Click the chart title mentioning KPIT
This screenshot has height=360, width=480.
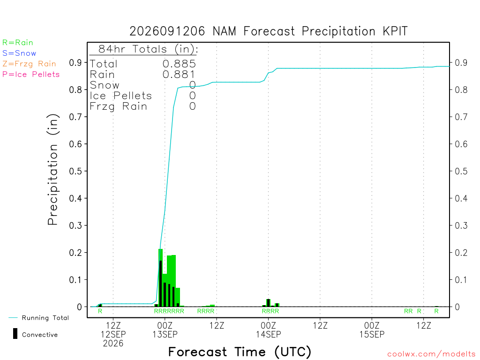(269, 31)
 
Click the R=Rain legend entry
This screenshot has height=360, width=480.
(17, 43)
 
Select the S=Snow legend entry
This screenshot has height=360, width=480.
(19, 53)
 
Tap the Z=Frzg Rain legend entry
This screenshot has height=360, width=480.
(29, 64)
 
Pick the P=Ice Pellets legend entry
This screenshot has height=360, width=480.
(31, 75)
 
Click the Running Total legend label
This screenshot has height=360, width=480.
(45, 318)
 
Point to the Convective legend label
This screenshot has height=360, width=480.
(40, 335)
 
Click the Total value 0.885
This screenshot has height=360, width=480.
(179, 64)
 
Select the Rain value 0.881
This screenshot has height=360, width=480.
(179, 75)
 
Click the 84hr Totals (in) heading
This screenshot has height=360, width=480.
(148, 49)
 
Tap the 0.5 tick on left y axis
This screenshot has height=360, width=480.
(75, 171)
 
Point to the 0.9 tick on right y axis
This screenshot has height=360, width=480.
(461, 63)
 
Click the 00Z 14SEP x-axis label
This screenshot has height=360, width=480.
(269, 330)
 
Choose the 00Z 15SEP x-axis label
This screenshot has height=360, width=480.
(372, 330)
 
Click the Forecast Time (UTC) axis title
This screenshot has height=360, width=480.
(240, 352)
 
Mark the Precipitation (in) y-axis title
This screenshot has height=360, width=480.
(52, 170)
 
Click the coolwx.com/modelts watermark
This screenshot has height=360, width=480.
(431, 354)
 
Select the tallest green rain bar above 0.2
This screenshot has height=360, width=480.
(160, 277)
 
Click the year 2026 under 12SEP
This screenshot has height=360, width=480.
(113, 344)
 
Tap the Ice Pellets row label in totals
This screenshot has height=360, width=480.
(120, 96)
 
